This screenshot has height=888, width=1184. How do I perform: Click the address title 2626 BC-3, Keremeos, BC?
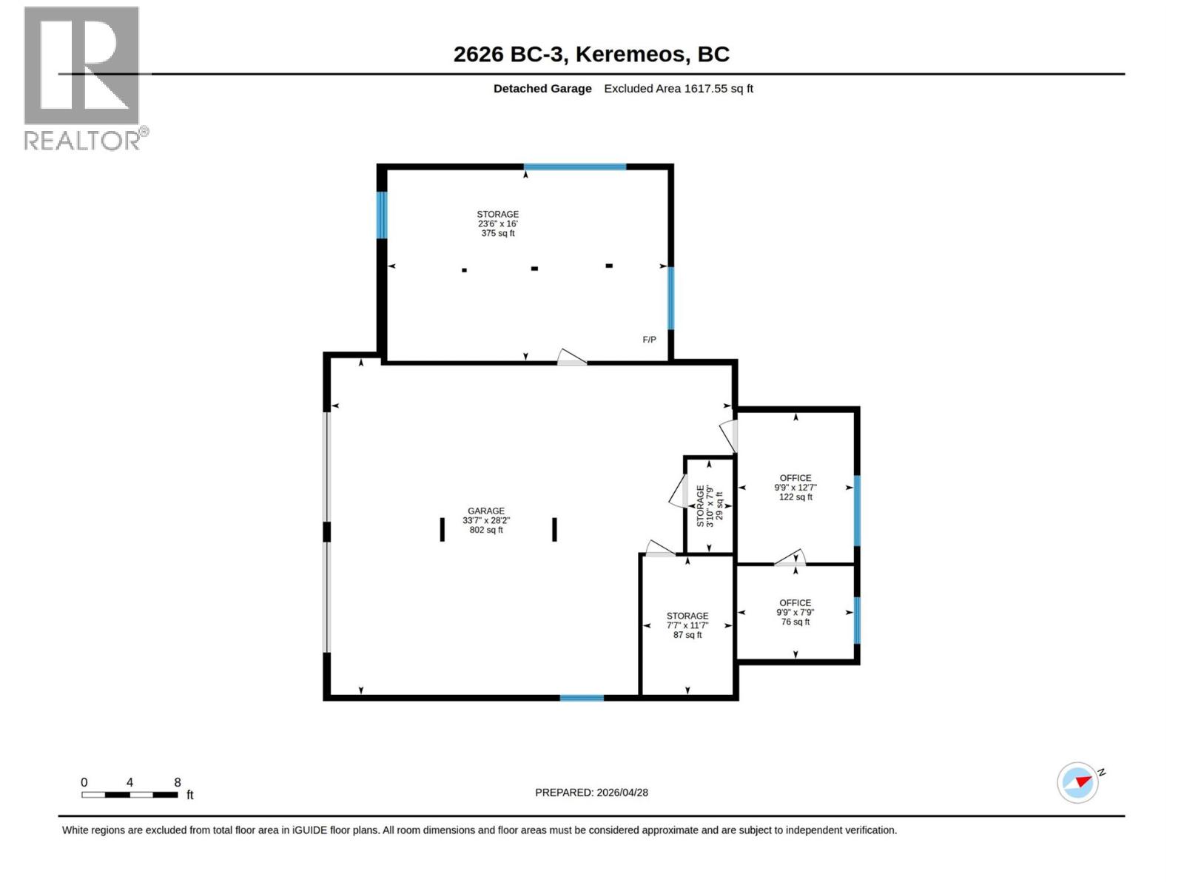591,54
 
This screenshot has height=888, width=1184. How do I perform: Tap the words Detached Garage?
542,89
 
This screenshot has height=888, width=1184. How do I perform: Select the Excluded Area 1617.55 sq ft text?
678,89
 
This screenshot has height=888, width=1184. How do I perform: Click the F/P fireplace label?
649,340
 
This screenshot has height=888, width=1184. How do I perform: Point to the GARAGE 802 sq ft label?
486,520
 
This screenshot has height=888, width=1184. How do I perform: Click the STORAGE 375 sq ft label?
497,223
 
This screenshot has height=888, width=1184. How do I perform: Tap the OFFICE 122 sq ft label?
795,488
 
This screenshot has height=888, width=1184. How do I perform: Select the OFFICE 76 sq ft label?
795,612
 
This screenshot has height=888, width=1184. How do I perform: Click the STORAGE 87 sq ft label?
687,625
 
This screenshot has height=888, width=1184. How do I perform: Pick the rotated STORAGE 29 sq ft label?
709,505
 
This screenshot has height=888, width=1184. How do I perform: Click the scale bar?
129,795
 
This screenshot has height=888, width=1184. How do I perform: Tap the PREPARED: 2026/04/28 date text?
591,793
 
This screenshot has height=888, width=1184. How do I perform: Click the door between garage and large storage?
571,358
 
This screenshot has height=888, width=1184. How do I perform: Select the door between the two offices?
790,559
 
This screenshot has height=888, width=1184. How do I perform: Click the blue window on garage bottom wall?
582,698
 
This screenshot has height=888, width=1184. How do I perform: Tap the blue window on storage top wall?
575,167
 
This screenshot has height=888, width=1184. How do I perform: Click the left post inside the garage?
443,529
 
